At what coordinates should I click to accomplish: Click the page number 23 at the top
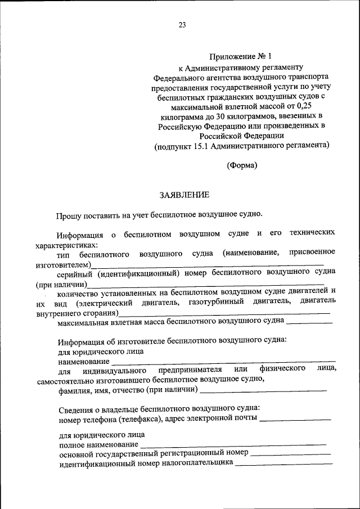[x=182, y=25]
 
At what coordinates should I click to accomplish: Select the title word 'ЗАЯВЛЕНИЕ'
[x=184, y=195]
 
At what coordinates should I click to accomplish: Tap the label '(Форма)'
[x=242, y=165]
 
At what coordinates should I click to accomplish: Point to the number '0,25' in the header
[x=309, y=106]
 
